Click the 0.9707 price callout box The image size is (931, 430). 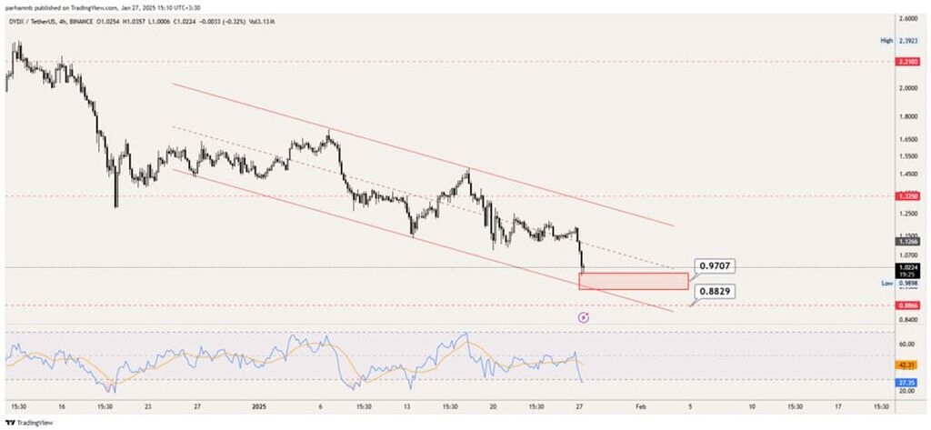point(714,266)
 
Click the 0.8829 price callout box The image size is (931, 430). point(714,292)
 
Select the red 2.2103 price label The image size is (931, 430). point(906,62)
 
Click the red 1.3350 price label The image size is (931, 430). point(906,195)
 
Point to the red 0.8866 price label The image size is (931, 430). point(906,306)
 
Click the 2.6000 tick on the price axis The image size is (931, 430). point(906,18)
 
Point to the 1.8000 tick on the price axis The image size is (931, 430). point(906,117)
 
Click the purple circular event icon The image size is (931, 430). point(584,317)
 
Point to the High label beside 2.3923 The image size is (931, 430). point(886,41)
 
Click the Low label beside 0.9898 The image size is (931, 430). point(886,284)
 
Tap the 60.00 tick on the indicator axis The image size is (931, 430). point(906,345)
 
